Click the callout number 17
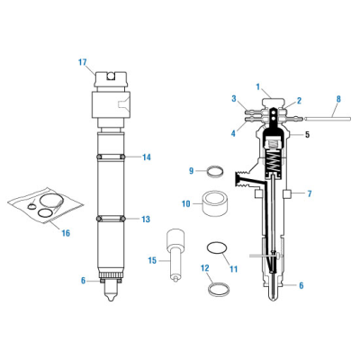(x=82, y=62)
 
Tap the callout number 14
(x=146, y=157)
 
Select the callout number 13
(x=146, y=219)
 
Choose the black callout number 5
(x=307, y=136)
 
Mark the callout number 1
(x=258, y=86)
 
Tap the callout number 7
(x=309, y=194)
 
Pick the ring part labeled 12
(x=216, y=289)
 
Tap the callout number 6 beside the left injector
(x=83, y=281)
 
